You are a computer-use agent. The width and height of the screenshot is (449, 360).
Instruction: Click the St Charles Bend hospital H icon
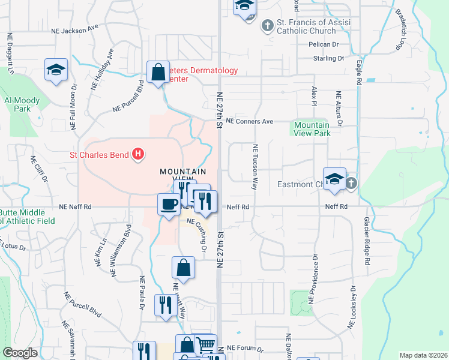(139, 155)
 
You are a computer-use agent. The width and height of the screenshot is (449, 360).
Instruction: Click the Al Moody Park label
(22, 104)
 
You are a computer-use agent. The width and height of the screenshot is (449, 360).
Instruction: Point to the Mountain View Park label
(311, 129)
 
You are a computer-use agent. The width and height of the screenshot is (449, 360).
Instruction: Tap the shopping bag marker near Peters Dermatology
(158, 73)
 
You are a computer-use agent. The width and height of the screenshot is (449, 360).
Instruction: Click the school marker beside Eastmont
(334, 178)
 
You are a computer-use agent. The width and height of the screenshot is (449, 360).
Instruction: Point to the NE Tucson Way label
(256, 167)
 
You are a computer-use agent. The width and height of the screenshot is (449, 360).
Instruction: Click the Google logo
(20, 353)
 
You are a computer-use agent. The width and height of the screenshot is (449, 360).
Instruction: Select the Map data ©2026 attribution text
(424, 355)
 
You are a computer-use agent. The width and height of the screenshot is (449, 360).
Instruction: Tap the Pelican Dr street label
(324, 44)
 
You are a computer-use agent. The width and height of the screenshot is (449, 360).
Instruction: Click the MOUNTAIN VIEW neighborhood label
(179, 176)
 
